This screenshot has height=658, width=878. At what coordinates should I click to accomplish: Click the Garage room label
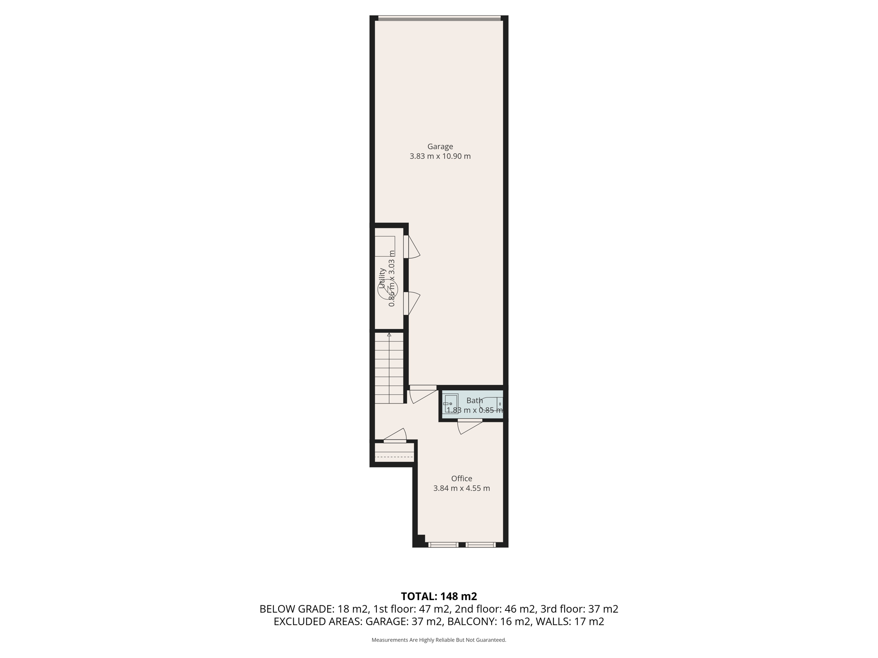pos(440,147)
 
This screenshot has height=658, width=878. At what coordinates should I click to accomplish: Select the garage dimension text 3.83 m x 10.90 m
pos(440,156)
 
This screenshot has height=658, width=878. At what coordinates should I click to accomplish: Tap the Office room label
pos(461,479)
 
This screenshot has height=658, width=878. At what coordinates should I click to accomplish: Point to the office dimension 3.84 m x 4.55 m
pos(461,488)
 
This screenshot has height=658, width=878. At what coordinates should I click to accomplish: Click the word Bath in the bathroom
pos(474,401)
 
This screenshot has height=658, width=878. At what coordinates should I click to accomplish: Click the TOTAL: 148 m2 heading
pos(439,596)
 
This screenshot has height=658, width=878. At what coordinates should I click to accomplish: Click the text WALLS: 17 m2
pos(570,622)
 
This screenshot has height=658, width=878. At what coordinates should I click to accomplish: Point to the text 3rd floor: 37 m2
pos(579,609)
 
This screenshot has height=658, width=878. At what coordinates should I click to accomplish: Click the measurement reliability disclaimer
pos(439,640)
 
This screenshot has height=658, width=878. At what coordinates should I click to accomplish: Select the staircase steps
pos(389,368)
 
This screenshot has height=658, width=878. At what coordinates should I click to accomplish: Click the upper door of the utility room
pos(412,247)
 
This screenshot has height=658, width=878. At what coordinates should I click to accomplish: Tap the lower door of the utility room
pos(412,303)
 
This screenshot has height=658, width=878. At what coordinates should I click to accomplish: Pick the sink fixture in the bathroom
pos(450,404)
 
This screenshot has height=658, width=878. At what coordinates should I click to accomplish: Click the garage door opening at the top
pos(439,18)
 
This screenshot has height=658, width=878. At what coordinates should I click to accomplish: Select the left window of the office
pos(443,545)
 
